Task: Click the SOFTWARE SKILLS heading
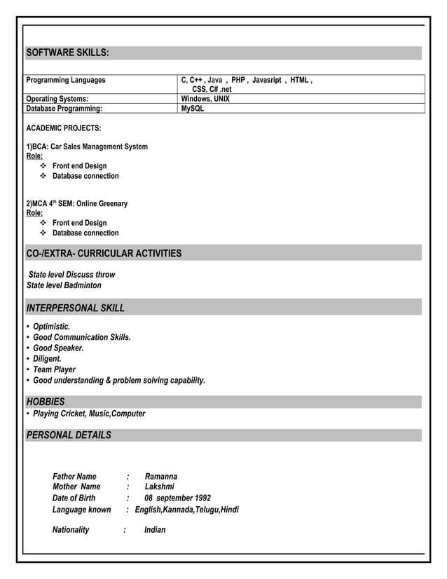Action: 67,53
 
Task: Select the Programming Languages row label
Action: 66,81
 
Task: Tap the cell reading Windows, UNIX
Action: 205,99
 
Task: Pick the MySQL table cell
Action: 193,109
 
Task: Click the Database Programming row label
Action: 64,109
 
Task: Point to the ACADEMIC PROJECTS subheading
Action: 63,129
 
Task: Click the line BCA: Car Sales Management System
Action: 87,147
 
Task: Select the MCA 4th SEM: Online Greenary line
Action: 77,203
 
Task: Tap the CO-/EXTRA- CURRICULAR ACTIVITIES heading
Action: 104,253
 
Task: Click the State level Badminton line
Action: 64,285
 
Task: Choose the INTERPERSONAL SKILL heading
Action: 75,308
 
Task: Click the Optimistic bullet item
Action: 51,327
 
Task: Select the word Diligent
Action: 47,359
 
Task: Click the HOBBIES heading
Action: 46,402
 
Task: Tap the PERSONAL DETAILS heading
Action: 69,435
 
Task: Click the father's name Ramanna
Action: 160,477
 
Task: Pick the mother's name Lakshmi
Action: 159,486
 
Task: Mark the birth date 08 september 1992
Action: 177,498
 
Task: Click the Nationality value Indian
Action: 155,530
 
